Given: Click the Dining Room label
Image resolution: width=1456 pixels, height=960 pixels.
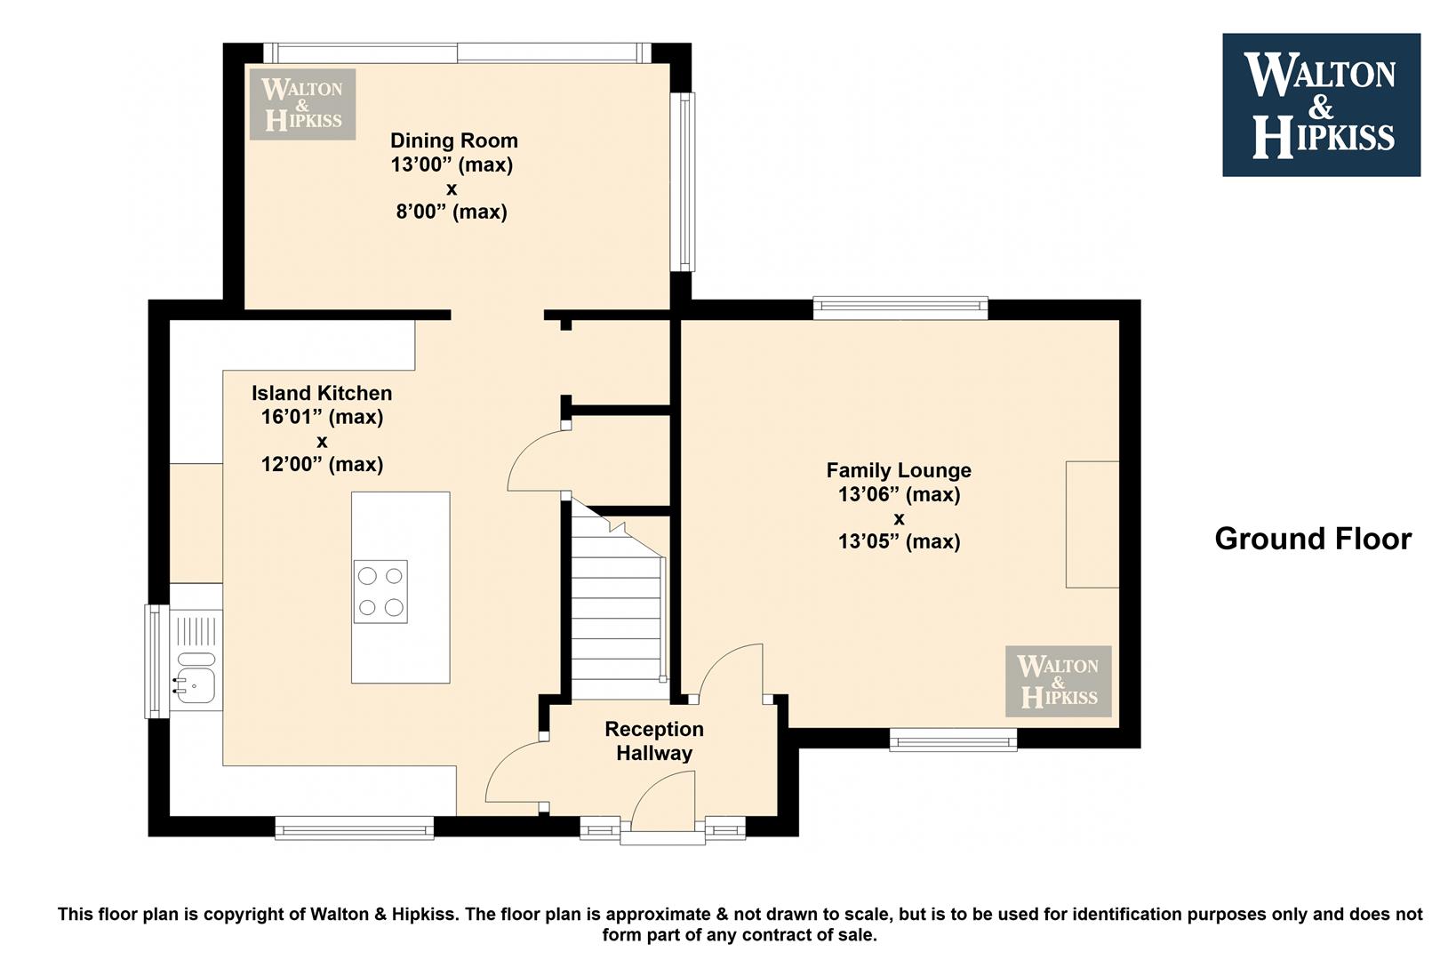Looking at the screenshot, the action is point(453,140).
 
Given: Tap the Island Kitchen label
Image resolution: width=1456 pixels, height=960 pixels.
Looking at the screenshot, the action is point(322,393).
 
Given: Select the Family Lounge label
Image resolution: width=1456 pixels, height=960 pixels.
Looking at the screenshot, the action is point(899,470).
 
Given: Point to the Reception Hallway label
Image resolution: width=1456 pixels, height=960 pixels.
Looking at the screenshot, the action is point(654,741).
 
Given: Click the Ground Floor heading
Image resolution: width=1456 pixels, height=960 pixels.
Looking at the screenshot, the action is point(1313,540).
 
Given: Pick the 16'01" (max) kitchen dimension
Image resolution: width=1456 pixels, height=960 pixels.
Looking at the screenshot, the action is point(322,417).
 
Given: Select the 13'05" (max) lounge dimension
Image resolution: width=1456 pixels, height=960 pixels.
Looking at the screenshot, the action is point(899,541).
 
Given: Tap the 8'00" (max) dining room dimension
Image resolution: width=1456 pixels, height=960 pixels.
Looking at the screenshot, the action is point(452,212).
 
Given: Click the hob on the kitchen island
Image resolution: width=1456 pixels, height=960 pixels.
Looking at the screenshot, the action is point(381,591).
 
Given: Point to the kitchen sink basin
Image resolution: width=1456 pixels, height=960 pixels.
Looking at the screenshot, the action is point(195,684).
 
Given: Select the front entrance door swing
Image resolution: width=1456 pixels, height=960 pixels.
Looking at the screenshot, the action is point(663,802).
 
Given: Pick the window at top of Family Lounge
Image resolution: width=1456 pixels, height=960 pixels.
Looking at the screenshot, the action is point(900,308).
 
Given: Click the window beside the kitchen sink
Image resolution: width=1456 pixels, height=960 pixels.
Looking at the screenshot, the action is point(156,661).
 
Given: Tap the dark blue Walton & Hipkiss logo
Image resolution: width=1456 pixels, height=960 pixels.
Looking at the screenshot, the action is point(1322,105).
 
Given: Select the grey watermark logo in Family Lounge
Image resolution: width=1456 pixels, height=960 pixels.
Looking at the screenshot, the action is point(1058,681).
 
